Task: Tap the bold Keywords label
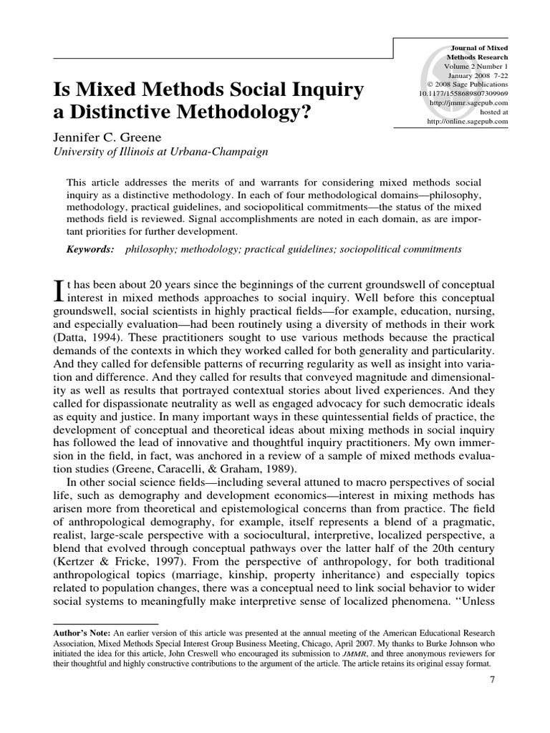pos(90,249)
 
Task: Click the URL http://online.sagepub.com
pos(467,122)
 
